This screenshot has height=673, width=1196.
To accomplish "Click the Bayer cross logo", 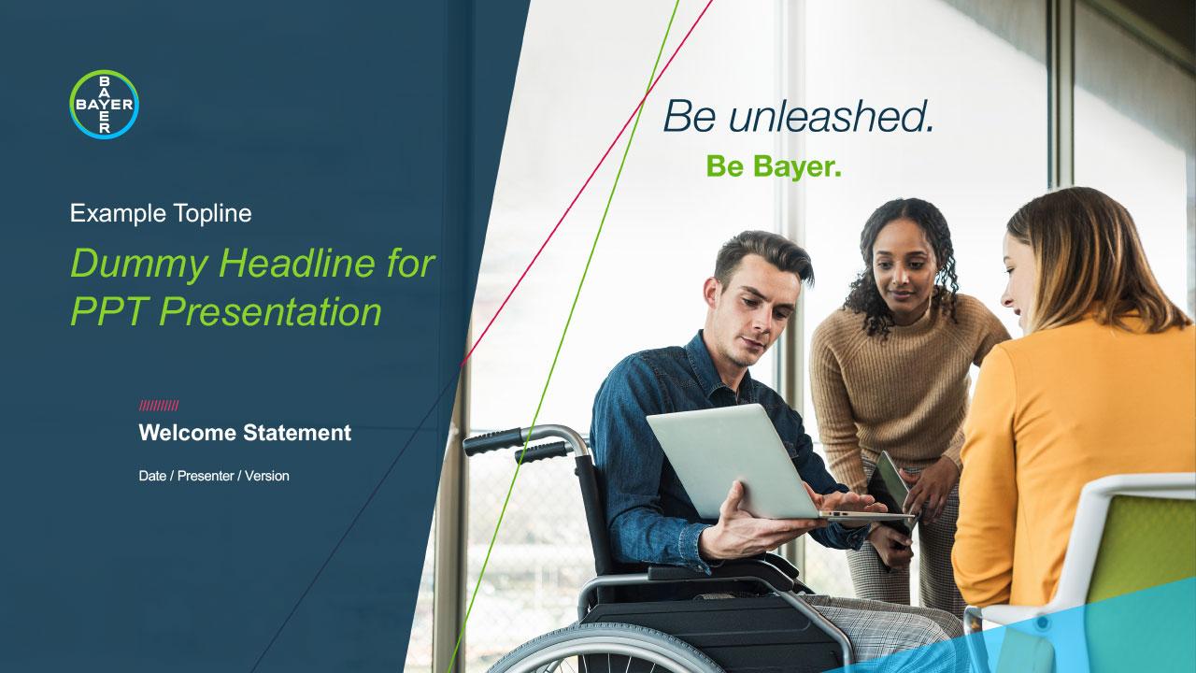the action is [104, 104].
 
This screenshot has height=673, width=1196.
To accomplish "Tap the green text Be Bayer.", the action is [774, 166].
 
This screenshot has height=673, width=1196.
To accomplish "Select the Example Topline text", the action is [161, 214].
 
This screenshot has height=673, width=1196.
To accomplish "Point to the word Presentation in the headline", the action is [270, 311].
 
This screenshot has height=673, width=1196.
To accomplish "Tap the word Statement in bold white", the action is [297, 433].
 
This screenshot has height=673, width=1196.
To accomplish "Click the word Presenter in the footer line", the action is [206, 476].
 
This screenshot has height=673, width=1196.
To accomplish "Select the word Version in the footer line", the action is [267, 476].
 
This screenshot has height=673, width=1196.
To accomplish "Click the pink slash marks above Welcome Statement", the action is [159, 406].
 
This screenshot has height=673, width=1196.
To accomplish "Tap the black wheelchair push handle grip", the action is [492, 442].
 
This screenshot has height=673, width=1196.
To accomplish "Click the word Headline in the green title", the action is [297, 263].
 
